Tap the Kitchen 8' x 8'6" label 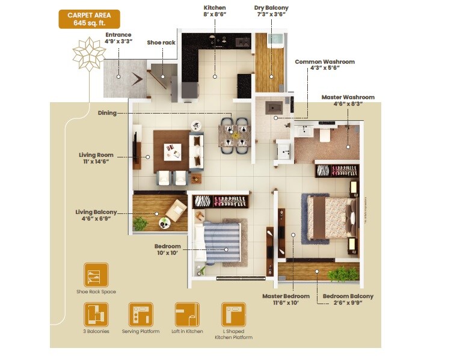(215, 11)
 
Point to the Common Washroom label (324, 65)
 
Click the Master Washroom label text (348, 100)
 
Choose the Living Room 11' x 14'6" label (96, 158)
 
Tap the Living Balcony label (96, 215)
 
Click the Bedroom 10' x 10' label (167, 250)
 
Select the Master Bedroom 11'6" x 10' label (286, 299)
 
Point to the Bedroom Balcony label (348, 299)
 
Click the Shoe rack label (161, 43)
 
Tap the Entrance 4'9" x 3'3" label (118, 38)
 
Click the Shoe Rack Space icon (96, 275)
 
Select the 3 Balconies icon (96, 314)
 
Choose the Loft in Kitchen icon (187, 314)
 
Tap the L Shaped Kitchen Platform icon (233, 314)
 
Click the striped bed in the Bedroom (222, 242)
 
